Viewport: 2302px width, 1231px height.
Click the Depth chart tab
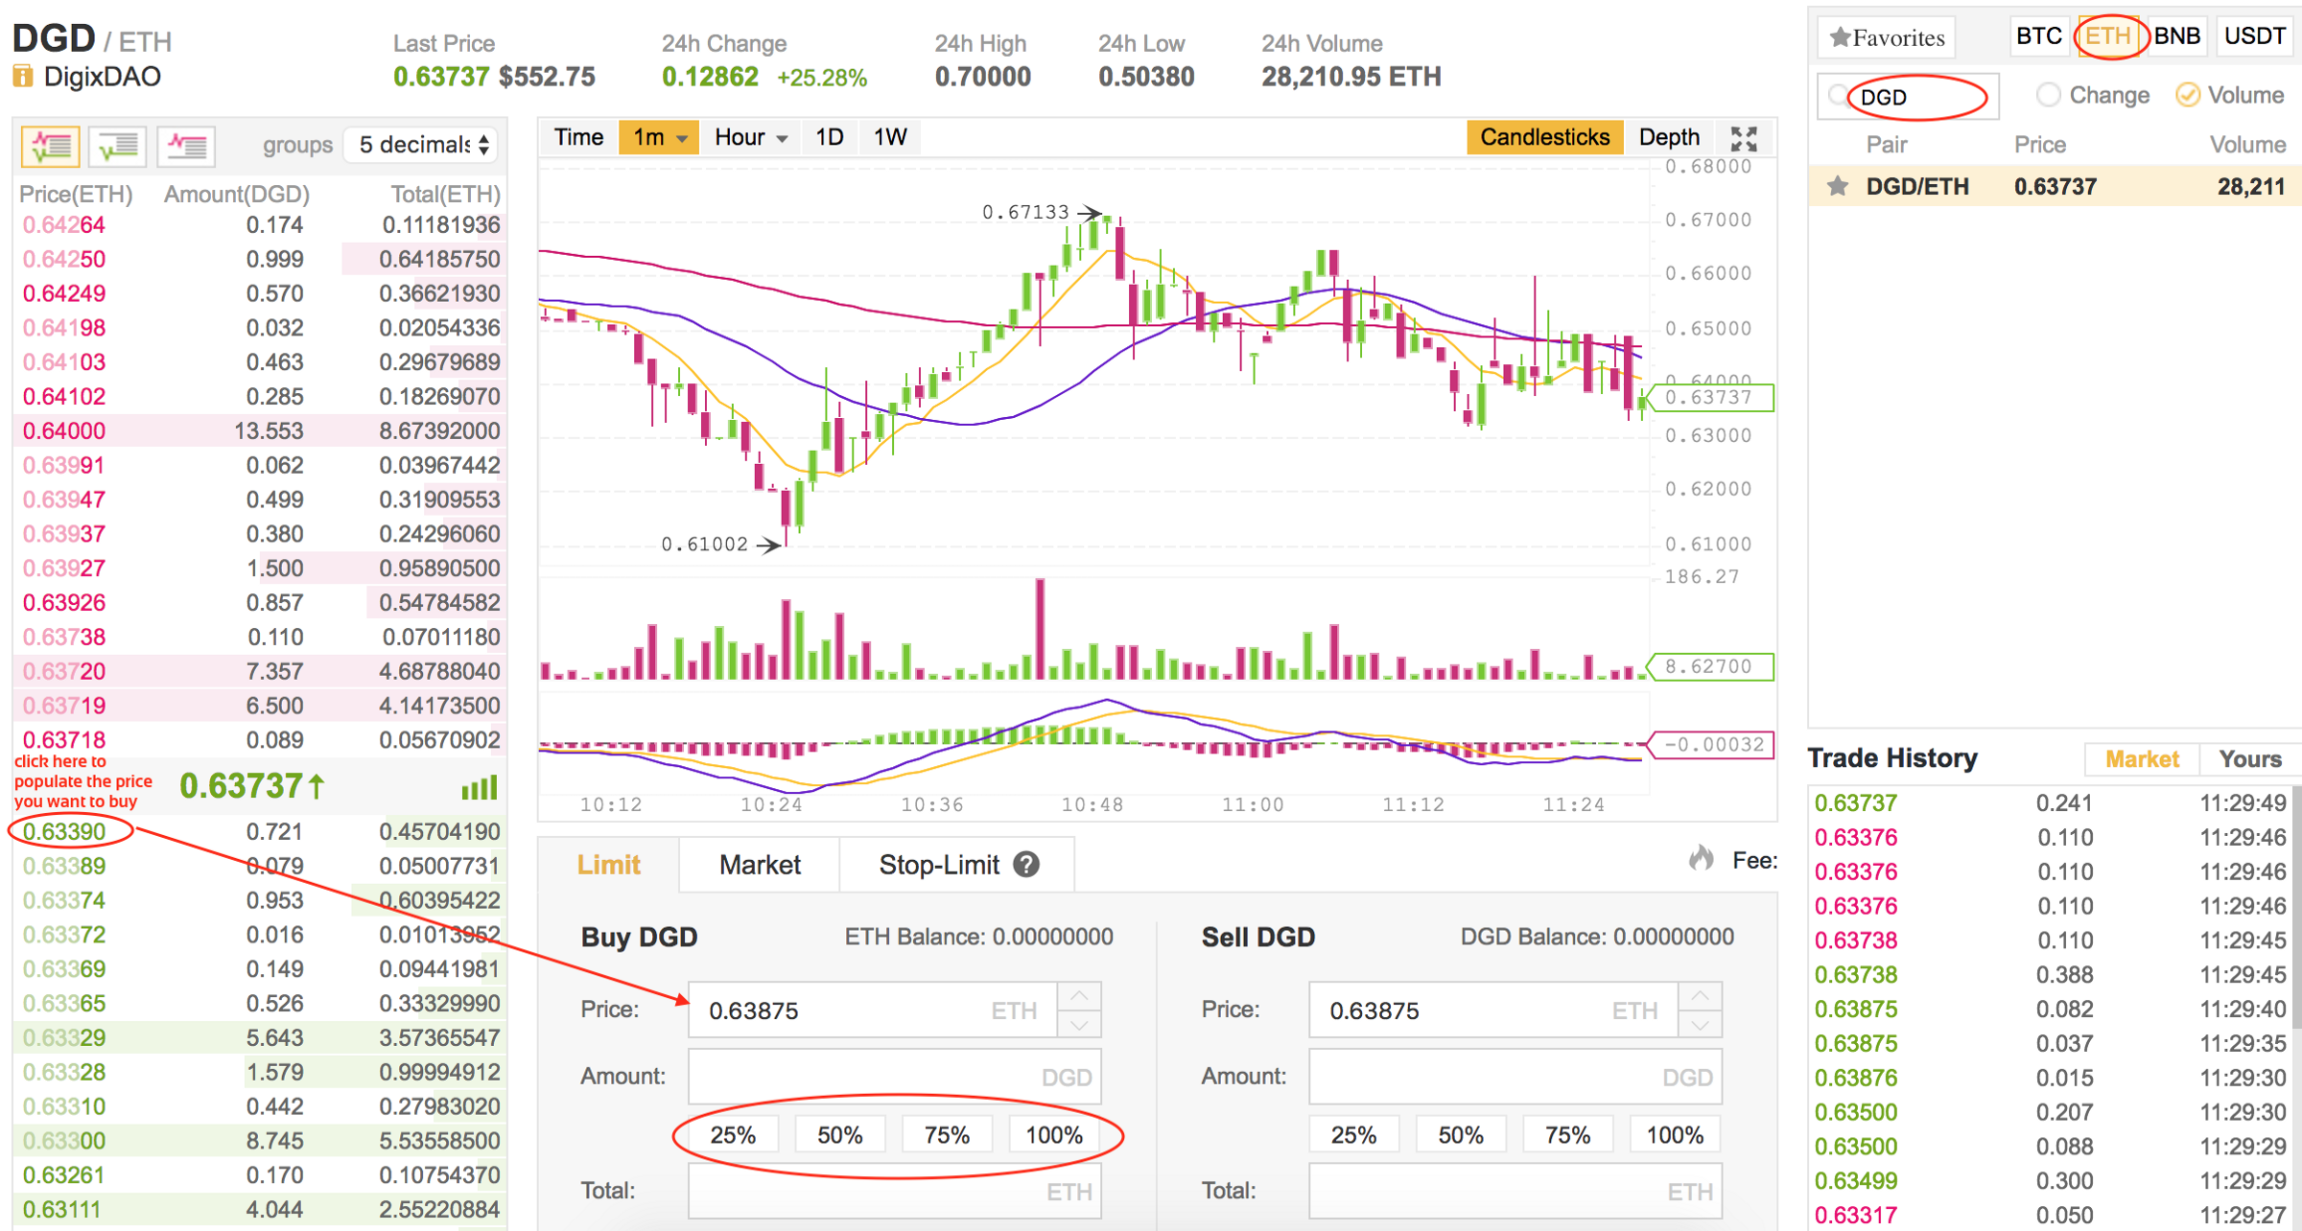coord(1668,137)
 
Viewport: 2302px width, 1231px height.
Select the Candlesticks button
coord(1543,137)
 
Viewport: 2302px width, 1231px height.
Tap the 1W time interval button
coord(889,137)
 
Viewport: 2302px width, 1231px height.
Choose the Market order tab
coord(759,865)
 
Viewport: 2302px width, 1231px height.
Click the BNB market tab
coord(2176,36)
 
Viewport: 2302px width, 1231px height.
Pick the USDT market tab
coord(2254,36)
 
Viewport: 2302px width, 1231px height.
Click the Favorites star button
coord(1887,37)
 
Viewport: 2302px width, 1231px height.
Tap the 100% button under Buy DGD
coord(1053,1135)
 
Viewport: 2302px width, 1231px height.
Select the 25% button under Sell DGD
coord(1353,1135)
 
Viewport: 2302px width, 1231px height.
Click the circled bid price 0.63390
coord(64,831)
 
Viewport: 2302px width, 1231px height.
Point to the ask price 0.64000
coord(64,430)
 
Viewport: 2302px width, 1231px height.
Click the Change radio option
coord(2049,95)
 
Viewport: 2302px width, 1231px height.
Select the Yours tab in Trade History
coord(2249,759)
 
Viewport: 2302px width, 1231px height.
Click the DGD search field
coord(1914,97)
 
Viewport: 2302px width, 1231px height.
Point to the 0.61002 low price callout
coord(704,545)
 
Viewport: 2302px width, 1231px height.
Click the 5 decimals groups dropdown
coord(423,145)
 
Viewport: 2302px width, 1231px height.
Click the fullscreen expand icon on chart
coord(1744,139)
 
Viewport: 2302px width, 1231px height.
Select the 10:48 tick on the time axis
coord(1092,804)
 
